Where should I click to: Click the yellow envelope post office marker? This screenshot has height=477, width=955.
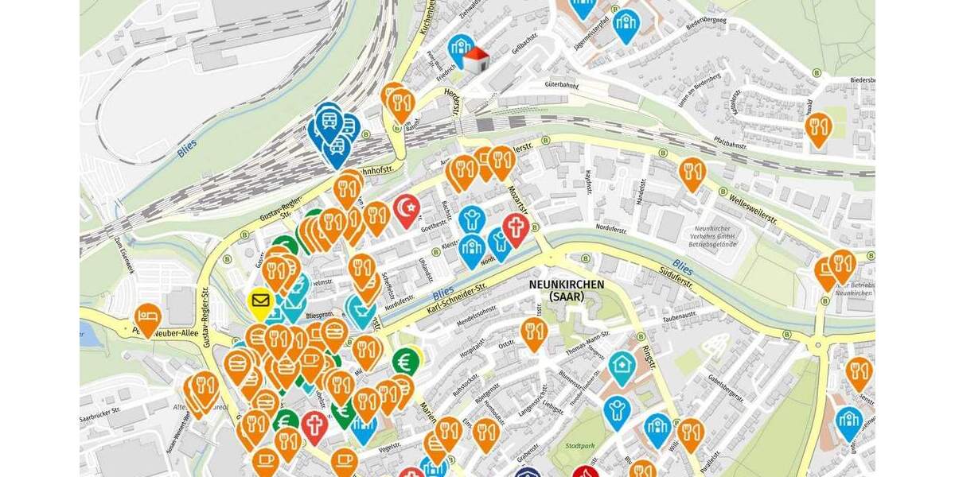(x=260, y=301)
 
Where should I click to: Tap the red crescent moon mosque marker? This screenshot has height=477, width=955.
(x=407, y=208)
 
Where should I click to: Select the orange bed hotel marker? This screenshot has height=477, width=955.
(x=147, y=317)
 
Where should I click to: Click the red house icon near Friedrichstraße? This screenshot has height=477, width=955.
(x=475, y=60)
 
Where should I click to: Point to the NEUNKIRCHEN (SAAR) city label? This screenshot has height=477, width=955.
(x=567, y=290)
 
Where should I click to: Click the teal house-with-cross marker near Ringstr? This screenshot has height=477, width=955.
(x=622, y=366)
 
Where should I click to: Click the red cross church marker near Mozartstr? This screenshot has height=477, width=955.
(x=515, y=228)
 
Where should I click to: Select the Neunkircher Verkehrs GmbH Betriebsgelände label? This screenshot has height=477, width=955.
(x=707, y=237)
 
